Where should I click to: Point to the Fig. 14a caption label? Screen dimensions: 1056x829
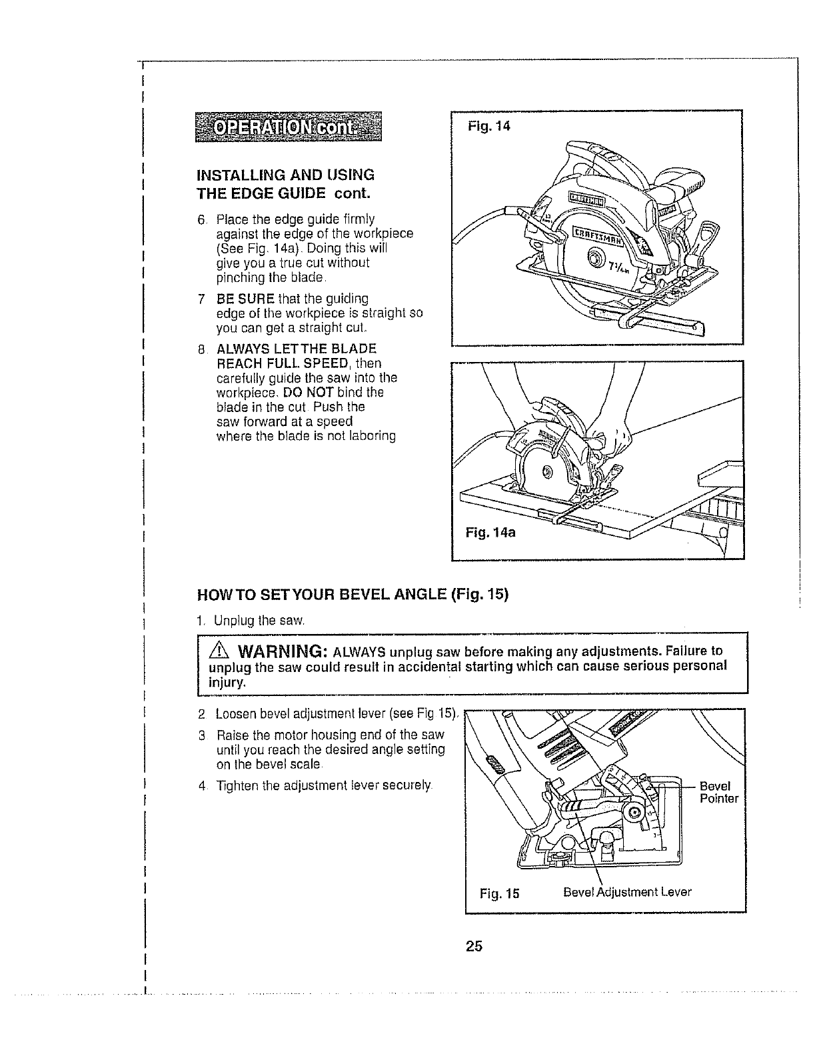coord(490,533)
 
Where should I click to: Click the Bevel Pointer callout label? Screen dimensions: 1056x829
coord(719,792)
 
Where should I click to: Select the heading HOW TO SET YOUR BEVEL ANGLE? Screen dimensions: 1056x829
coord(353,594)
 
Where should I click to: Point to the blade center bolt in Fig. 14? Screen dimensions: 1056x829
coord(595,259)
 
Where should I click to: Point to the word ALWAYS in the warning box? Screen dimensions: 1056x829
coord(358,651)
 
